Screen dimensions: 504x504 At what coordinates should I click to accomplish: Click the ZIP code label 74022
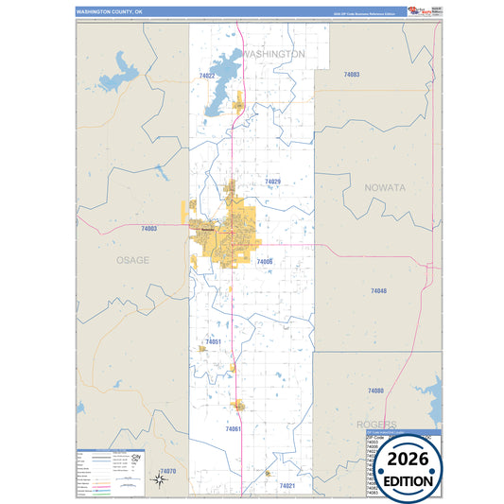click(207, 76)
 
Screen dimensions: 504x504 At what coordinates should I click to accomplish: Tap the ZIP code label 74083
click(352, 74)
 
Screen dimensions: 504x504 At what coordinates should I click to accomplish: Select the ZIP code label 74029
click(273, 181)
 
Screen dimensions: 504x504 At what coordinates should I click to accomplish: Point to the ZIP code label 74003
click(148, 229)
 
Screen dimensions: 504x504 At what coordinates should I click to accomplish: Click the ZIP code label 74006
click(265, 261)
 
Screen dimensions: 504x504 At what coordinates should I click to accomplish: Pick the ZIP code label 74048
click(378, 291)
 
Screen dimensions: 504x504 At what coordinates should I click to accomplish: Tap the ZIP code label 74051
click(213, 341)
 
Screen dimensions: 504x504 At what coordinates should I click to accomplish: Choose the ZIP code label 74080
click(375, 391)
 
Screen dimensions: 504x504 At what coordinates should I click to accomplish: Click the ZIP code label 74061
click(234, 429)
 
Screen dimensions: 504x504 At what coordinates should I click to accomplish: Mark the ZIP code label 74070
click(168, 470)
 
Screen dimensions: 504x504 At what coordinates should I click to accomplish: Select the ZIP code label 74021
click(287, 485)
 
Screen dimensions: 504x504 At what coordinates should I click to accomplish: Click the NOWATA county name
click(386, 188)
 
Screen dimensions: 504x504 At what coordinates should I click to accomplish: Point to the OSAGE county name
click(132, 260)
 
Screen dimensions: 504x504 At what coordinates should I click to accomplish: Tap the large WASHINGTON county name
click(273, 55)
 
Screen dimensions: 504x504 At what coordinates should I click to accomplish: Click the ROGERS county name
click(376, 425)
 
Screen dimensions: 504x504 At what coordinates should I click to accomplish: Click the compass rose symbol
click(160, 479)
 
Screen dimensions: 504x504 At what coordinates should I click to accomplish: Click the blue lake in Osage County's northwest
click(121, 71)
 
